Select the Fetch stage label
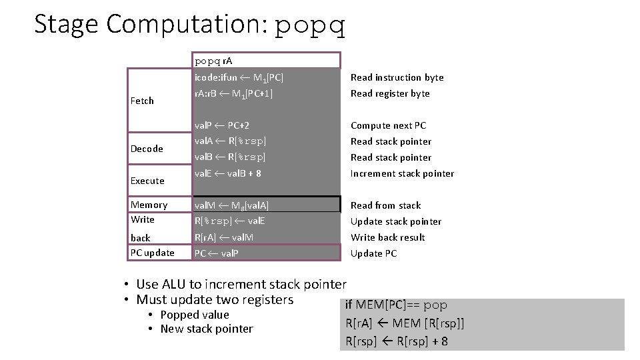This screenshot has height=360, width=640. click(142, 101)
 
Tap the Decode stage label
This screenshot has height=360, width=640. click(147, 149)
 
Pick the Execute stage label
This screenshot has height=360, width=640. click(147, 181)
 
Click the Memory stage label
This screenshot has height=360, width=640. click(149, 205)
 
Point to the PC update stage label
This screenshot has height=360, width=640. click(153, 253)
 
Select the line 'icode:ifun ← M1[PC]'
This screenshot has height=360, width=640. click(239, 77)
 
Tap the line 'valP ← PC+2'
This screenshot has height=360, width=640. click(222, 125)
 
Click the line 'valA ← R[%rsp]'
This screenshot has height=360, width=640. click(230, 141)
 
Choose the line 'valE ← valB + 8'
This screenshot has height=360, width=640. click(227, 173)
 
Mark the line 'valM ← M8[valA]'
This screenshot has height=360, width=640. click(231, 205)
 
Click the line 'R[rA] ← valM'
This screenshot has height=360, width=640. click(223, 237)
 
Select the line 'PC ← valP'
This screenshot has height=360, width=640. click(216, 253)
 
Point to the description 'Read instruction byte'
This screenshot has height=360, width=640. click(397, 77)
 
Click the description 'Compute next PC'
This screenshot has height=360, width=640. click(388, 125)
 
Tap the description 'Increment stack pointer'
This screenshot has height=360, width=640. click(402, 173)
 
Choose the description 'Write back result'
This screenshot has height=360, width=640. click(387, 237)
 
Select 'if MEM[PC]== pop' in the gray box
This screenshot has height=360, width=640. click(396, 305)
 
